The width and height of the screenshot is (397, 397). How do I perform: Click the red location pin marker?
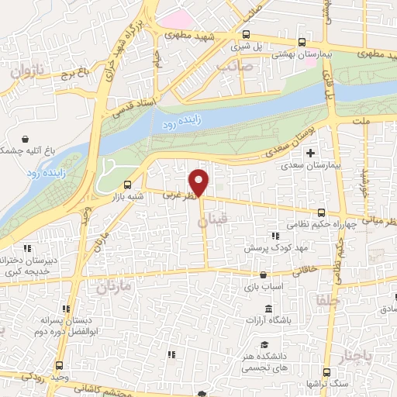point(200,182)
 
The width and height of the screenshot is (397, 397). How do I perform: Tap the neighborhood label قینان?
point(214,223)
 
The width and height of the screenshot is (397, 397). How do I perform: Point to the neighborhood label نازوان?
point(28,72)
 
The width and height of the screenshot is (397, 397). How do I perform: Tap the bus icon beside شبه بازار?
point(129,185)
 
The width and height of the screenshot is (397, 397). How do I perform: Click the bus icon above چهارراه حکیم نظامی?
point(321,212)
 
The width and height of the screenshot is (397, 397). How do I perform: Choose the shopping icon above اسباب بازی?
point(264,274)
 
